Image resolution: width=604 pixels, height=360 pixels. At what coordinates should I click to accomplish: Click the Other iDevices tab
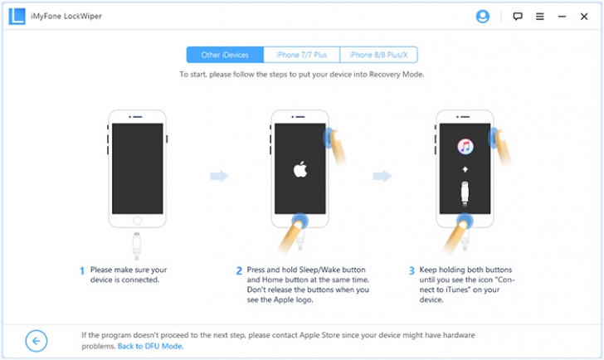click(225, 56)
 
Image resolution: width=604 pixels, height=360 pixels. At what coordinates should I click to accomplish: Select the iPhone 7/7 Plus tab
click(302, 56)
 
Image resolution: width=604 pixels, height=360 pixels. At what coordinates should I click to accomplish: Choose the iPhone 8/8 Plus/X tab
click(379, 56)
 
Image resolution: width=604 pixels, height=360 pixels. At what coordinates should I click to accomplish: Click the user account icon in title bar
click(483, 16)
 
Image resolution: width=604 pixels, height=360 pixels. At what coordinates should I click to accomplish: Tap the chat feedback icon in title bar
click(518, 16)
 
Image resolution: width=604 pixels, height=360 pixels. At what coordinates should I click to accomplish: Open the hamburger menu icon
click(540, 16)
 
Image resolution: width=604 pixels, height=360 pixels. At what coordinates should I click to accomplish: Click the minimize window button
click(562, 16)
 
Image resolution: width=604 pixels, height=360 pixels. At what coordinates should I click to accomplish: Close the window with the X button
click(585, 16)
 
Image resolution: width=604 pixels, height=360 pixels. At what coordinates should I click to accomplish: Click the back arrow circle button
click(37, 340)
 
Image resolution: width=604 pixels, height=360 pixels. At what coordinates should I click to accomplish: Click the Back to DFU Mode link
click(150, 346)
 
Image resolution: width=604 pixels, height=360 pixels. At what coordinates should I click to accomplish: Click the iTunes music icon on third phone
click(465, 147)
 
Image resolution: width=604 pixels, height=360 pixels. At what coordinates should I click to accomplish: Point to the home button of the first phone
click(137, 221)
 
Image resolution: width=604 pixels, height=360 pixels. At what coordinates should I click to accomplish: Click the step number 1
click(82, 270)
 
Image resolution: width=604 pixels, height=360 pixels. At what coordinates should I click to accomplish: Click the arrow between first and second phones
click(218, 176)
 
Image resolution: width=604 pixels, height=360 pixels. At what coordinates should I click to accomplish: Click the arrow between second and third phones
click(382, 176)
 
